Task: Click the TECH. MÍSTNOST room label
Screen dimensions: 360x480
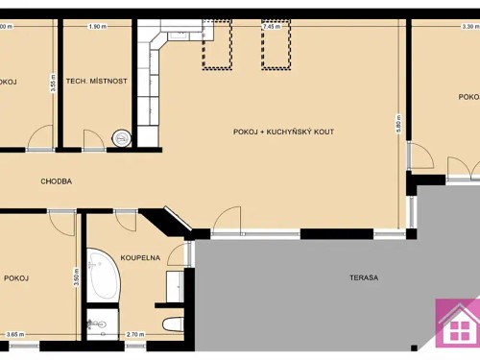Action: coord(96,82)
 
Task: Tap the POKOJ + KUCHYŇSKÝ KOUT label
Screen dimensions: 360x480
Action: coord(283,131)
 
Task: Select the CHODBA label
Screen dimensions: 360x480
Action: coord(57,180)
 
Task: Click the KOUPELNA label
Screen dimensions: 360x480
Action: coord(140,257)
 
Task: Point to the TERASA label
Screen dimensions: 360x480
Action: coord(364,277)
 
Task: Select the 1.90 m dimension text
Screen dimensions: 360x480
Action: coord(96,27)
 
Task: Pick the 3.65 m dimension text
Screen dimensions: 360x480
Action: coord(14,334)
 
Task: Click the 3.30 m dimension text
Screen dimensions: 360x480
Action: coord(469,27)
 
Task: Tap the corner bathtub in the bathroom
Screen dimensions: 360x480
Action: coord(100,274)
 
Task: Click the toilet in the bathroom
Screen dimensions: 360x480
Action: coord(173,324)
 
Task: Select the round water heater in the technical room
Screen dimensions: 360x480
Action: coord(121,138)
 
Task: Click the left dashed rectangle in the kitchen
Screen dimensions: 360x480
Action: coord(217,48)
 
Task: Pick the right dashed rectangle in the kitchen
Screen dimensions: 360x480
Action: coord(276,48)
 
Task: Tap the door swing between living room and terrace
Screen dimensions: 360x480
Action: coord(227,221)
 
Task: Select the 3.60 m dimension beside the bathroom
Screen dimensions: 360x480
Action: coord(76,276)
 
